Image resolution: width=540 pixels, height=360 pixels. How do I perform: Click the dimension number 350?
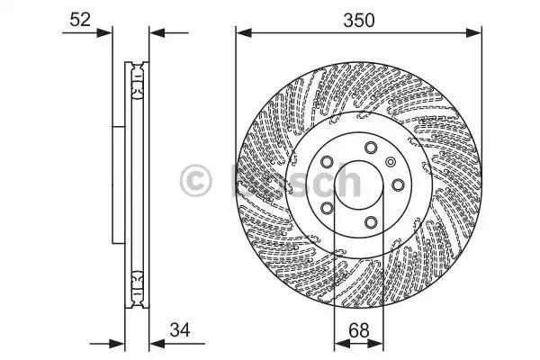coord(358,16)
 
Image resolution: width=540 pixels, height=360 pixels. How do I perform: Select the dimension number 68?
coord(358,331)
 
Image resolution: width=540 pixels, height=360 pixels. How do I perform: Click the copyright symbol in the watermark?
coord(196,180)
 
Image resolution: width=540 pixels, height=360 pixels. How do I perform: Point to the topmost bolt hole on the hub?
coord(370,148)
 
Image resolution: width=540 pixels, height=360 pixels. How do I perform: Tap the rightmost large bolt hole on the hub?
coord(396,186)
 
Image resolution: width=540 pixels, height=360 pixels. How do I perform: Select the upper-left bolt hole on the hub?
coord(328,163)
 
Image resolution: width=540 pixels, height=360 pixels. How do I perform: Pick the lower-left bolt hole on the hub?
coord(328,209)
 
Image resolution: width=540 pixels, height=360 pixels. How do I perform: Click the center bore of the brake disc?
coord(358,186)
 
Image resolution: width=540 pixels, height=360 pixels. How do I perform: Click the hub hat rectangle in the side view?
coord(118,184)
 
